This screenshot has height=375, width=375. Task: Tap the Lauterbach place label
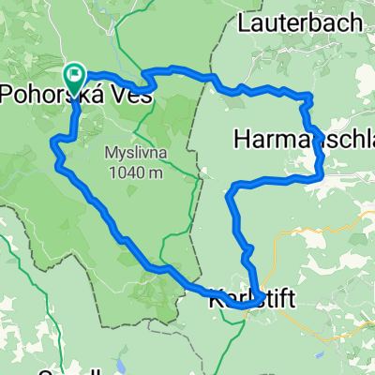coord(293,19)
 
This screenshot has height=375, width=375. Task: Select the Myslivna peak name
coord(133,151)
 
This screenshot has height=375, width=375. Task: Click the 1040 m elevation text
coord(133,171)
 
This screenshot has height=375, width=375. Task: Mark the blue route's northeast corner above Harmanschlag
coord(307,96)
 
